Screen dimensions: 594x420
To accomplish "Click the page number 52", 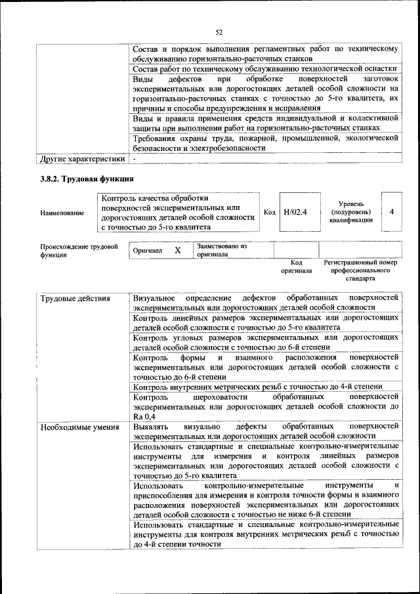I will [x=219, y=32].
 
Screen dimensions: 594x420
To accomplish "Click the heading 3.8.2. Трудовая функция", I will [x=87, y=179].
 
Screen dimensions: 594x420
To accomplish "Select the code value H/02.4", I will [x=295, y=212].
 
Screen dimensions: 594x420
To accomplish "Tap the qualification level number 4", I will [x=391, y=212].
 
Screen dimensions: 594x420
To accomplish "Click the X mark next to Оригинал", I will [x=177, y=251].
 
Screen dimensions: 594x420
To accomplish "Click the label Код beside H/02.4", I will [x=269, y=212].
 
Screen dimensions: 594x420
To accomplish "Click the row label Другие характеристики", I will [x=82, y=159].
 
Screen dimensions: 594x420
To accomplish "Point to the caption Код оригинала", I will [x=296, y=266].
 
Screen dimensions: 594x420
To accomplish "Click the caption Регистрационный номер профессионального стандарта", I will [x=360, y=270].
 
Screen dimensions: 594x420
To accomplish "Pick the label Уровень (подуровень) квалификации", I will [x=351, y=212].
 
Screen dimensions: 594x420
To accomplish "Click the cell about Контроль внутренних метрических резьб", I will [x=257, y=387].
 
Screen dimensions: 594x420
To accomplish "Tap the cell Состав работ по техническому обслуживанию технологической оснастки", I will [x=265, y=68].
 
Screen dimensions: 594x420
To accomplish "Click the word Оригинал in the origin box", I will [x=148, y=251].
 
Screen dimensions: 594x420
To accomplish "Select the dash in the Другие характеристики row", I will [x=134, y=159].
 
